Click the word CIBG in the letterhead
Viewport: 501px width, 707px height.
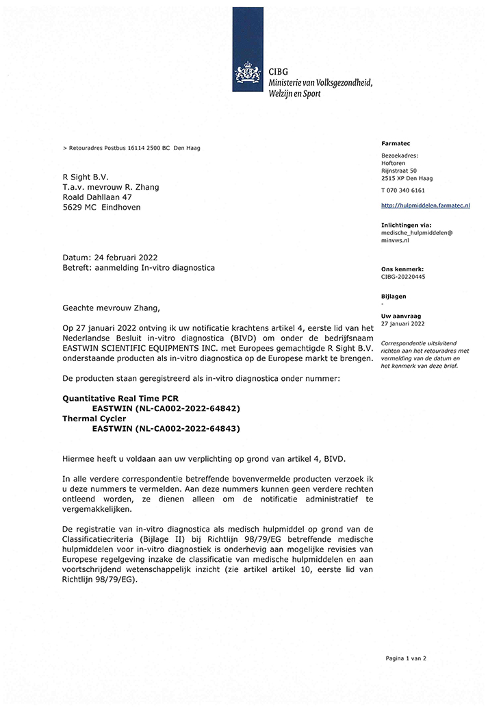click(279, 71)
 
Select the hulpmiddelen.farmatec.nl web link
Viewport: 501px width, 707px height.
click(425, 206)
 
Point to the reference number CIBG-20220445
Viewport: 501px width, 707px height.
click(403, 277)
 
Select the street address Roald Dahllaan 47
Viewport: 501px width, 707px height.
click(97, 197)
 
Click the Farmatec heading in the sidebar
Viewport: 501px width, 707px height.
click(395, 143)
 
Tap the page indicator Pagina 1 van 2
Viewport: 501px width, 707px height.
click(406, 658)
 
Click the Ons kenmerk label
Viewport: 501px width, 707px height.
click(402, 269)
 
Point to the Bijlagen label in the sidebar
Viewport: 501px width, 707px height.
click(394, 297)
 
